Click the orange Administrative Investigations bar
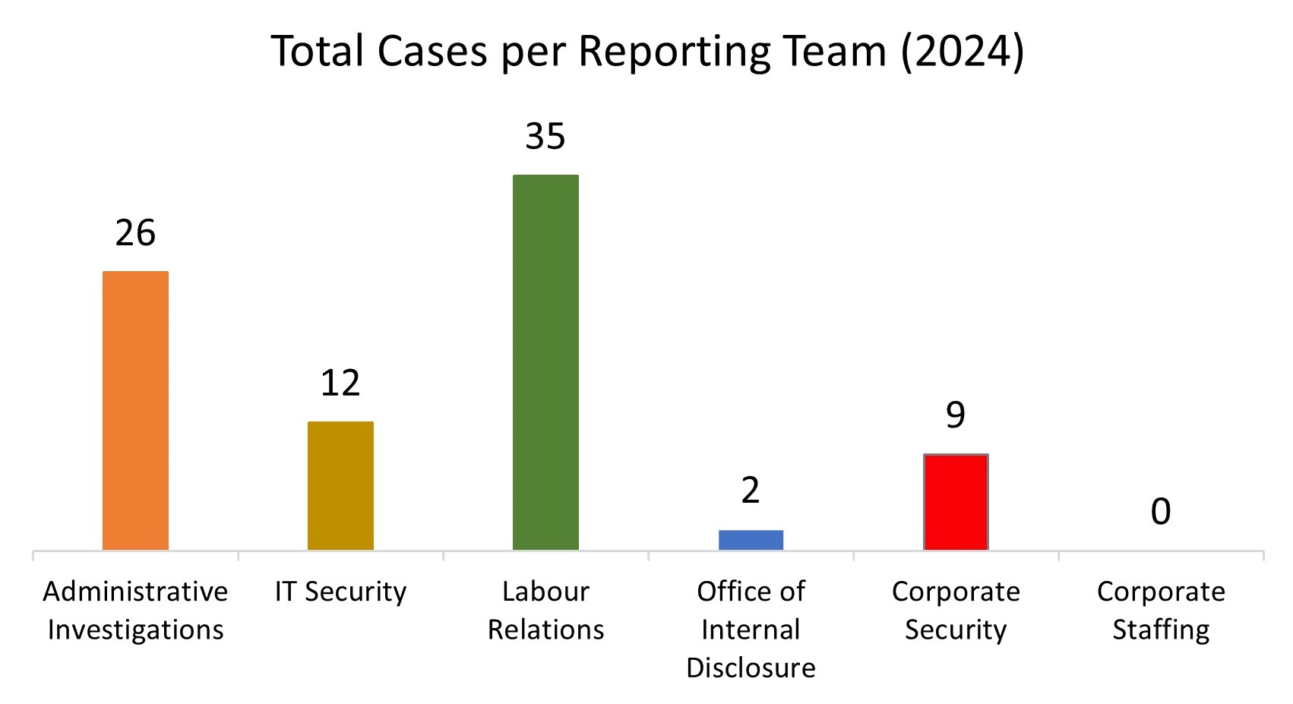(135, 410)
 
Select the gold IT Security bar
(340, 485)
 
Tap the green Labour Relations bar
(545, 362)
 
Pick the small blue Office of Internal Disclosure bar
(751, 540)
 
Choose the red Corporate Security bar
(956, 502)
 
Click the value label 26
(135, 232)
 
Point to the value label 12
(340, 383)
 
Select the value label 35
(545, 137)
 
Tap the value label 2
(751, 491)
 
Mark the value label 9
(956, 415)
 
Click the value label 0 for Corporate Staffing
(1161, 511)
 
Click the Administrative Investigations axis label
(135, 611)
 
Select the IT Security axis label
(340, 592)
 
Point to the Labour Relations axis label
(545, 611)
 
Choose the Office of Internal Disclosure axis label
(751, 630)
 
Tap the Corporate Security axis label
(956, 611)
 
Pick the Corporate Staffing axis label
(1161, 611)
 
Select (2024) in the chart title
(962, 52)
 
